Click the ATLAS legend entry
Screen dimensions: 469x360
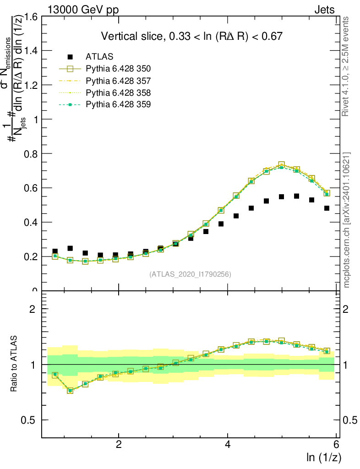(x=99, y=57)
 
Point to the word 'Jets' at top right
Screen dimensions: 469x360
(x=324, y=10)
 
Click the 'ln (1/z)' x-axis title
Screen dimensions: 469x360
(x=324, y=457)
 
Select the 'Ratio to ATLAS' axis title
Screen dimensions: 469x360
(x=15, y=365)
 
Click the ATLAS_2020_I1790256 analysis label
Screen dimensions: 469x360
(x=190, y=274)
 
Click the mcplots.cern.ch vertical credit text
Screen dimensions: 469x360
(x=347, y=220)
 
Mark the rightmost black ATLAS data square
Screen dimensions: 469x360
(x=327, y=208)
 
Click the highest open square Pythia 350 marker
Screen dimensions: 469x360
(x=281, y=165)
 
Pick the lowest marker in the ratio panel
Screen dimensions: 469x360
(x=70, y=391)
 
